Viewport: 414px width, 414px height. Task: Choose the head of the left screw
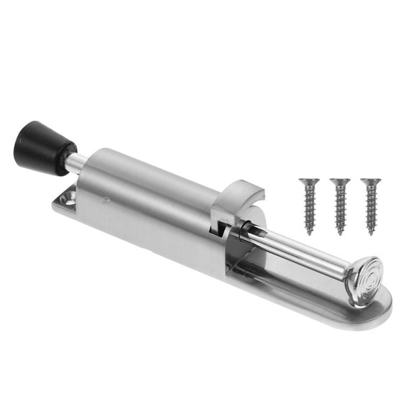click(308, 182)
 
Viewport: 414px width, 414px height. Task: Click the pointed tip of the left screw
click(310, 232)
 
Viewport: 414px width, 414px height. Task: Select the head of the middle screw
click(340, 182)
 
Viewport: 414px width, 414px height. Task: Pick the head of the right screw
click(371, 182)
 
